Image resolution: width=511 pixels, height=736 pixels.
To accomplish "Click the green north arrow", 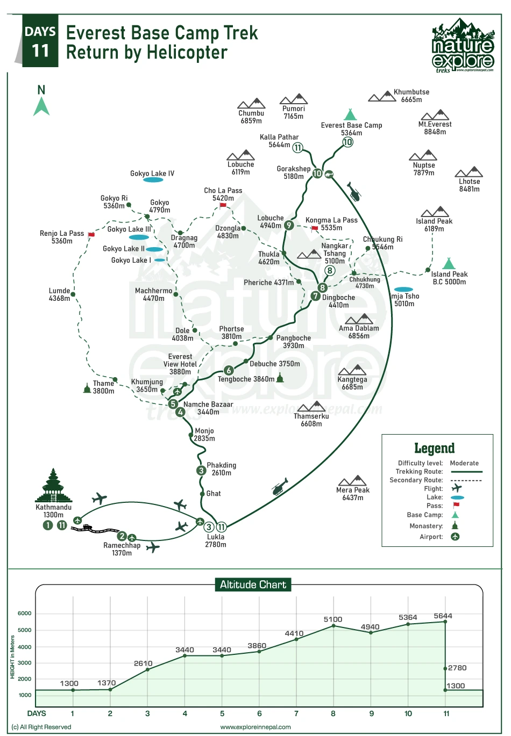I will click(41, 106).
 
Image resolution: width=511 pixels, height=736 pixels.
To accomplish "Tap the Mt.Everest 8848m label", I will click(435, 128).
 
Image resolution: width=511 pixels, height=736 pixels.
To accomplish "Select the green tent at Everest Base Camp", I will click(350, 114).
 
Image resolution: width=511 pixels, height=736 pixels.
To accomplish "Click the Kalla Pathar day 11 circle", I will click(297, 147).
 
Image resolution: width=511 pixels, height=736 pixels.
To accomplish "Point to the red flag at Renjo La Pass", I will click(91, 235).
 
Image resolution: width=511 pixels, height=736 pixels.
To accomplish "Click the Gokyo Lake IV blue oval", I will click(153, 180).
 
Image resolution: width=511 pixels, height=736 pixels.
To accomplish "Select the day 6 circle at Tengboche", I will click(229, 370).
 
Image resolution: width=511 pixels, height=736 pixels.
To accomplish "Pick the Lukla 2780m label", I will click(216, 540).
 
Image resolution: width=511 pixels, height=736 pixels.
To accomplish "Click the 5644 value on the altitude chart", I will click(443, 616).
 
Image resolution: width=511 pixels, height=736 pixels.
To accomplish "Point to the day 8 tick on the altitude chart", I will click(333, 713).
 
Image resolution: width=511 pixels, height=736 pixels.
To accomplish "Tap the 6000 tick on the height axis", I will click(25, 613).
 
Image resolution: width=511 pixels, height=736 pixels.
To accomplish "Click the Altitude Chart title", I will click(253, 585).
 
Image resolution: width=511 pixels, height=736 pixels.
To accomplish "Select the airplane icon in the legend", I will click(457, 488).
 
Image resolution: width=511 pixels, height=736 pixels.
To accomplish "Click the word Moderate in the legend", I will click(464, 463).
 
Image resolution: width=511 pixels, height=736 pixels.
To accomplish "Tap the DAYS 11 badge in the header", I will click(40, 41).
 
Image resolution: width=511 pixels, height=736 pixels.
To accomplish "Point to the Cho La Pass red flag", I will click(223, 205).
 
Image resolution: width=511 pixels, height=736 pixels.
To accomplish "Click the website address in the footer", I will click(256, 727).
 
